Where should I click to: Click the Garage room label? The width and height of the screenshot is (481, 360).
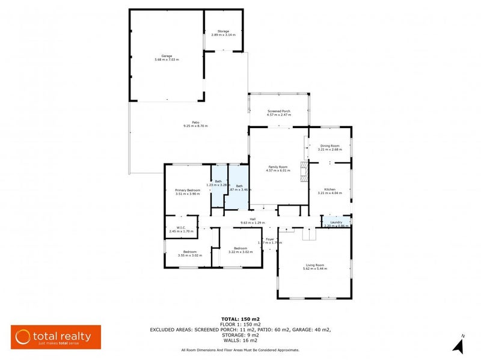pyautogui.click(x=166, y=56)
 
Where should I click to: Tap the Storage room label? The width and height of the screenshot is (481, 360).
pyautogui.click(x=223, y=31)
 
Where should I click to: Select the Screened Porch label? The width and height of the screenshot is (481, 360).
pyautogui.click(x=278, y=111)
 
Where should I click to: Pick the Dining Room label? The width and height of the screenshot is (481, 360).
pyautogui.click(x=330, y=145)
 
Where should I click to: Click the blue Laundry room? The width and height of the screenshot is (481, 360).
pyautogui.click(x=337, y=222)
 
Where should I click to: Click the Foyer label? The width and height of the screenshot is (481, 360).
pyautogui.click(x=270, y=239)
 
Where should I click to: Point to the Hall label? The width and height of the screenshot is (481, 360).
pyautogui.click(x=244, y=219)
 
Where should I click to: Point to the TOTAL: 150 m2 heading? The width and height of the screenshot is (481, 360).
pyautogui.click(x=240, y=319)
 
